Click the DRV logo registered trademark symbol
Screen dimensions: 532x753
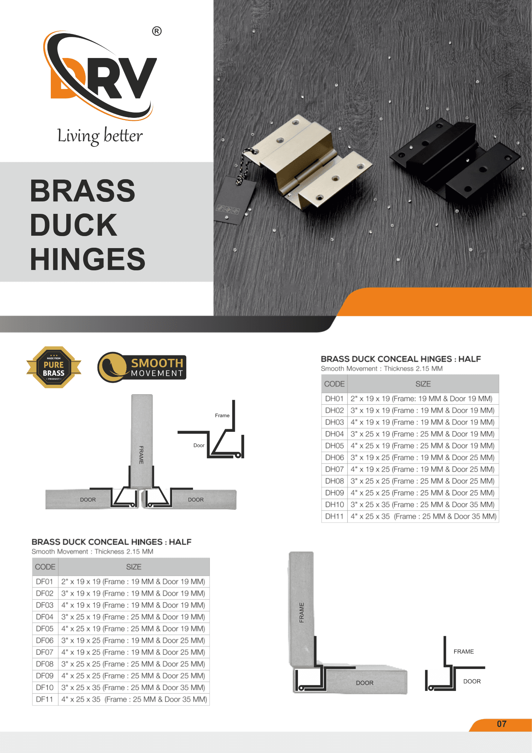click(157, 31)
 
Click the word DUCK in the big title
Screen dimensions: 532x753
click(74, 225)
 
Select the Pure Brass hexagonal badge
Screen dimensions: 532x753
click(54, 367)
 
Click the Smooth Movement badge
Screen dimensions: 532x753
click(142, 367)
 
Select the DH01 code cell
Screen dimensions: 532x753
click(334, 399)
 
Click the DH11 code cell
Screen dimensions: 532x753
click(334, 516)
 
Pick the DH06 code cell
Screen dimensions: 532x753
click(334, 457)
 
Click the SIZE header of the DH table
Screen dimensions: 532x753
click(423, 384)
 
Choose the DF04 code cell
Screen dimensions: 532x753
click(45, 617)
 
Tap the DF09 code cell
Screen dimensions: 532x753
click(45, 675)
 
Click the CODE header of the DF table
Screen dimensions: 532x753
click(45, 567)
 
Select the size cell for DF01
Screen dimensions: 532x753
click(134, 582)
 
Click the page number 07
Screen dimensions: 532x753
click(502, 724)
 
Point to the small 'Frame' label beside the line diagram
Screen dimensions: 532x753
click(222, 416)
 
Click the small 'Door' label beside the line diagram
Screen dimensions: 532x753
click(199, 445)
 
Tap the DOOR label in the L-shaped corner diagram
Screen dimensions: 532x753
click(365, 683)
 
